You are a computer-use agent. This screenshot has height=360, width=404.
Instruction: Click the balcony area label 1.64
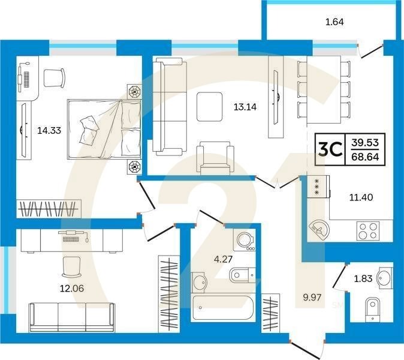(334, 22)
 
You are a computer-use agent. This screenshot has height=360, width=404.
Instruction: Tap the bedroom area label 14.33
(49, 130)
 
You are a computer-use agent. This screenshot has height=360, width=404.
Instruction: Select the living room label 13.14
(245, 107)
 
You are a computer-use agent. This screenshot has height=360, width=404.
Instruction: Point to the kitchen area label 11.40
(361, 197)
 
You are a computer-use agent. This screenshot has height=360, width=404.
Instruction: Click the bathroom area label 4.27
(223, 259)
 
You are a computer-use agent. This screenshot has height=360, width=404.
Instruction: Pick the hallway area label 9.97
(312, 298)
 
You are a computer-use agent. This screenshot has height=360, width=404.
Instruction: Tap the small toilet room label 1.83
(363, 278)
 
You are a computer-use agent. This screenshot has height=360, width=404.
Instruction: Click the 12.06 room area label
(72, 288)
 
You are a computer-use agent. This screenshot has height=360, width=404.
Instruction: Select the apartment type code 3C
(330, 150)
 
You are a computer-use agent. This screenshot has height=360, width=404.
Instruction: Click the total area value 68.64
(366, 157)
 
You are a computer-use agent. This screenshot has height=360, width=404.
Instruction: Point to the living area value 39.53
(366, 142)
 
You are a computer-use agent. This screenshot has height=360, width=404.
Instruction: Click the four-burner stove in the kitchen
(368, 231)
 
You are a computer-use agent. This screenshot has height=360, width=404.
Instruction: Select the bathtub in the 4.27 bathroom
(223, 307)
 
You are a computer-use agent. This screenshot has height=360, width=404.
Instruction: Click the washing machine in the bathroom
(245, 239)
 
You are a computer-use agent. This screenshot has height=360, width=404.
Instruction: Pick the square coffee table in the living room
(209, 107)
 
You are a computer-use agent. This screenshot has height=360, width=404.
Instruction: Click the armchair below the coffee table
(215, 157)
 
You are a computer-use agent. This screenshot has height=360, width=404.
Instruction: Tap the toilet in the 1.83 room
(373, 310)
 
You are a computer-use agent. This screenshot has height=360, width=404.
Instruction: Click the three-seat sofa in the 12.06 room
(72, 317)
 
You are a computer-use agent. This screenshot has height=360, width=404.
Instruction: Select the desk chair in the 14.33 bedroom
(54, 78)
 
